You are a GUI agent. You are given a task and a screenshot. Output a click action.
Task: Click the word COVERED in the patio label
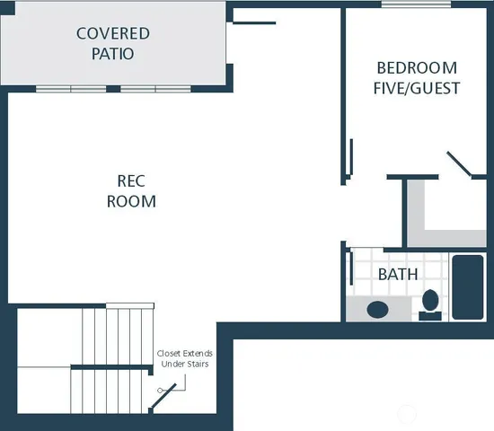tap(112, 34)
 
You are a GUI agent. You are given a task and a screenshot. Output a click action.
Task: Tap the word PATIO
tap(112, 54)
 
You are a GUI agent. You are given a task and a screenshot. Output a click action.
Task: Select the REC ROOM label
tap(131, 190)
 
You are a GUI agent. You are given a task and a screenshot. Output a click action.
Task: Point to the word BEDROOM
tap(416, 68)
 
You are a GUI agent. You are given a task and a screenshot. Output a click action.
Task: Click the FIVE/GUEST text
tap(418, 88)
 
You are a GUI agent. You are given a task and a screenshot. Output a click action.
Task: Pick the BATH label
tap(397, 274)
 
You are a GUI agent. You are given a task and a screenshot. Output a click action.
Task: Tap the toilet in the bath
tap(430, 303)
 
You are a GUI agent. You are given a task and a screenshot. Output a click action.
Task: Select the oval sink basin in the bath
tap(377, 310)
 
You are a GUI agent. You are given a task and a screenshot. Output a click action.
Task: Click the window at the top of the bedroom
tap(414, 5)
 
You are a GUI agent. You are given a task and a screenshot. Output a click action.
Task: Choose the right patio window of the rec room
tap(155, 89)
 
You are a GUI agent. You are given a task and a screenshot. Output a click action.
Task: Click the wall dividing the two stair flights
tap(112, 367)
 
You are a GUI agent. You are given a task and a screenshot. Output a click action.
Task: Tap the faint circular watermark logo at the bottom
tap(407, 416)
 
